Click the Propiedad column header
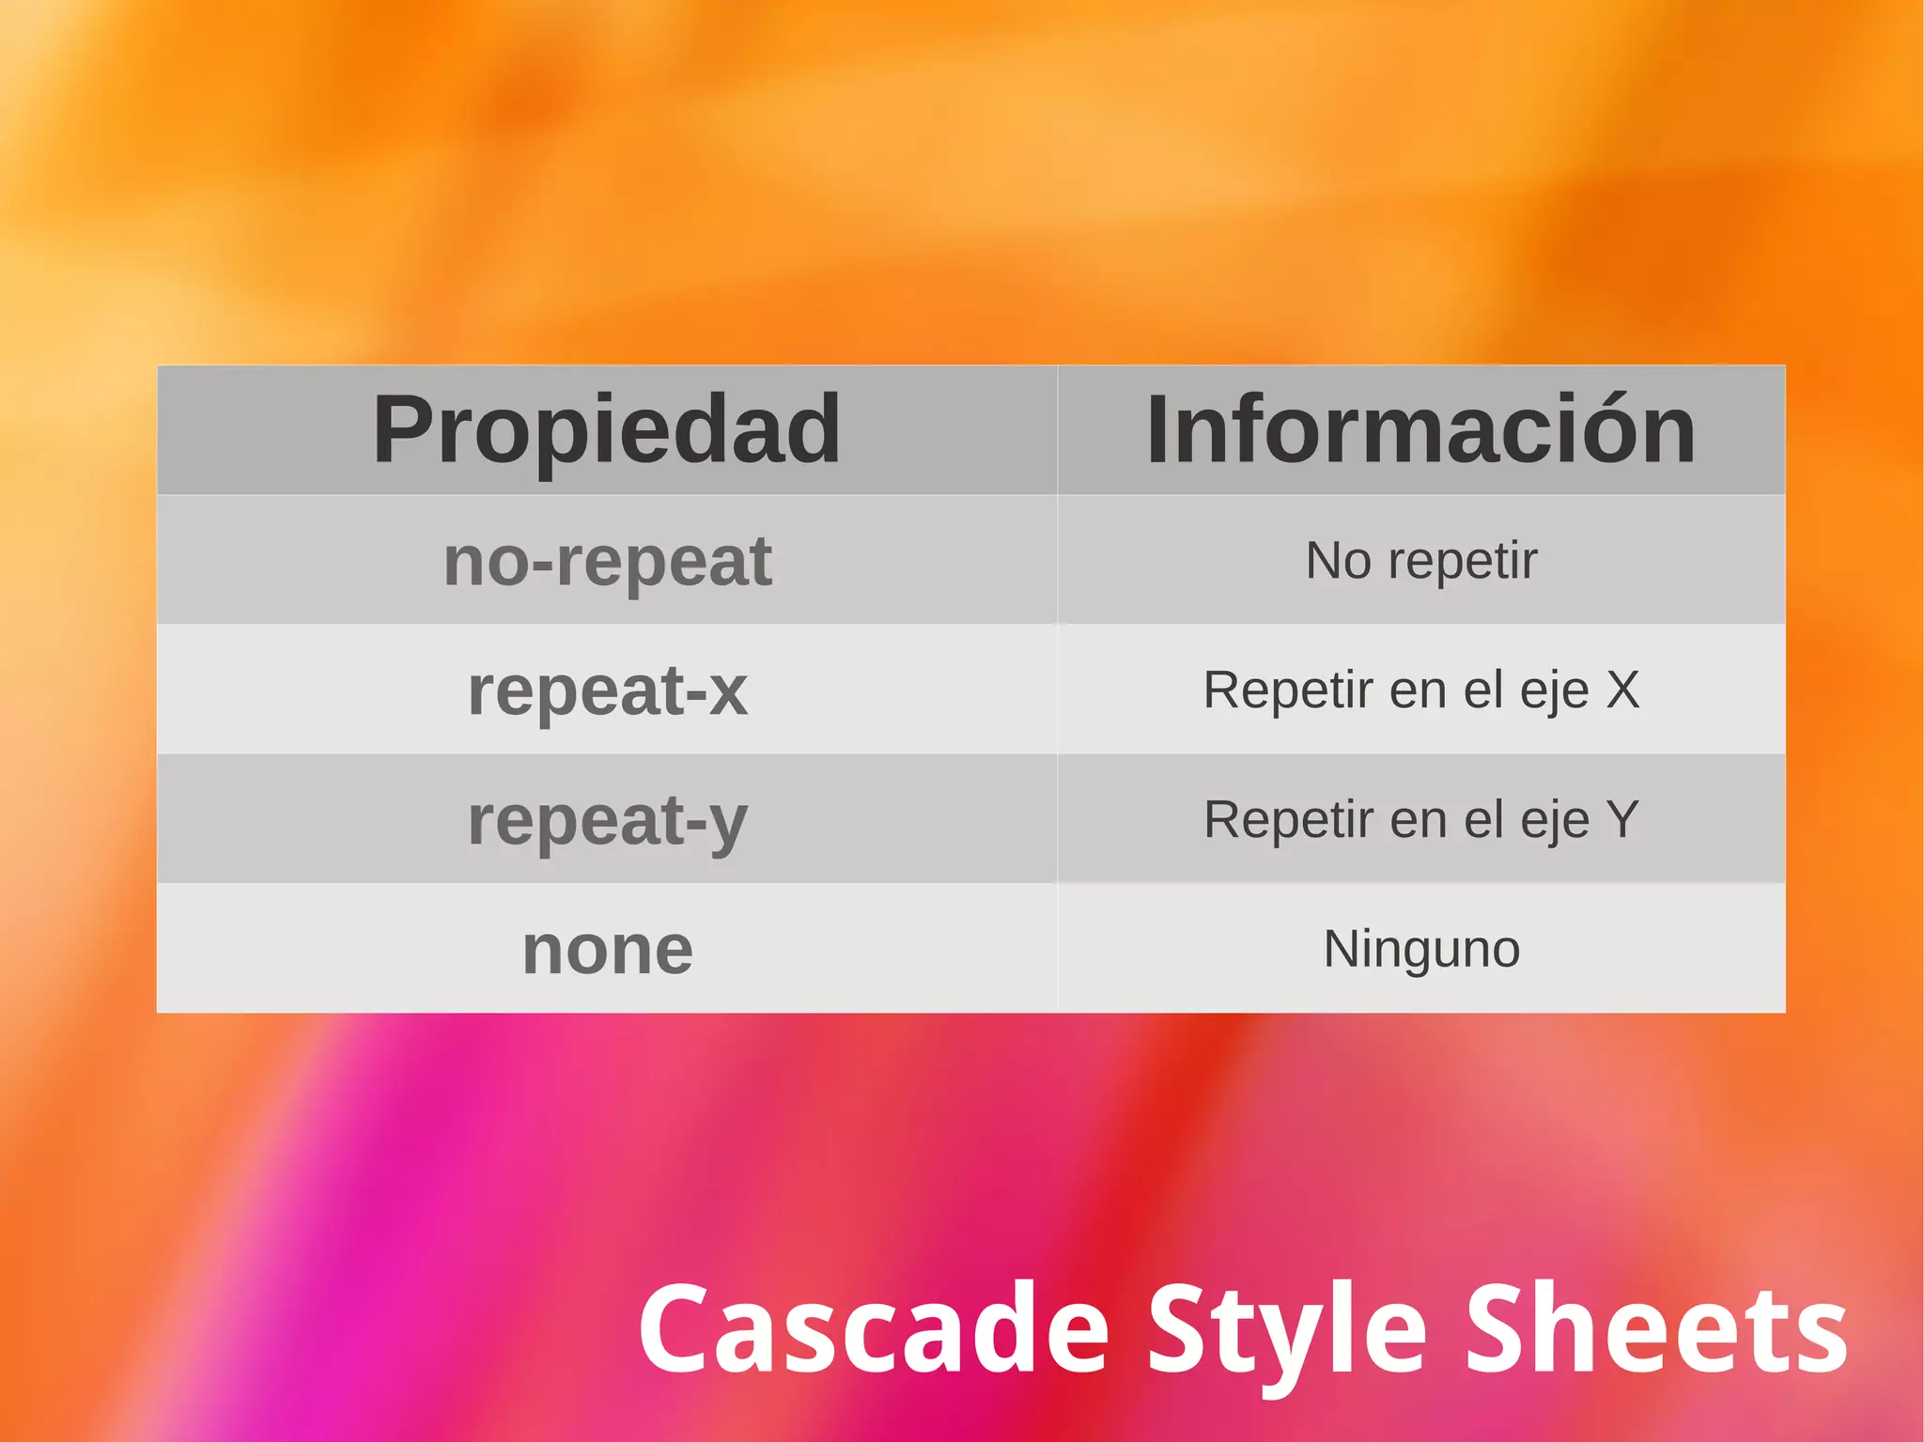click(607, 429)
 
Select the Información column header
click(1420, 429)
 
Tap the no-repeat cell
click(607, 561)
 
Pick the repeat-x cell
click(607, 690)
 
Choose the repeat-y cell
click(607, 820)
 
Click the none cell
click(607, 950)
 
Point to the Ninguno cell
click(1420, 949)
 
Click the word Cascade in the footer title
click(875, 1330)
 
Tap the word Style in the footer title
click(1287, 1330)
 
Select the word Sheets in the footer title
click(1657, 1330)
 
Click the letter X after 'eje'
click(1622, 690)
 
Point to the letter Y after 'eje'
click(1622, 819)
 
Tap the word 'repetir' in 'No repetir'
click(1463, 561)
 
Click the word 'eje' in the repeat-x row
click(1555, 692)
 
